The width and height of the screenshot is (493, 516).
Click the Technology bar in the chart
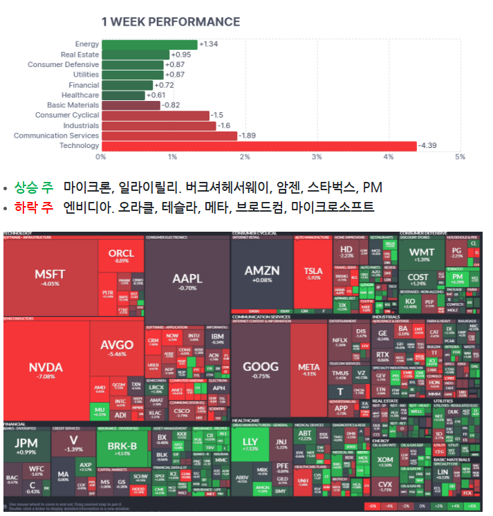[x=259, y=146]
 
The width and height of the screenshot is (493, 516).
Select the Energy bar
[x=149, y=44]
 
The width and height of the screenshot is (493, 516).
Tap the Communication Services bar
[x=169, y=136]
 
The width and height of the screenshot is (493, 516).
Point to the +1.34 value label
[x=209, y=44]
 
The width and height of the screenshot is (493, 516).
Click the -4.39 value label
[x=429, y=146]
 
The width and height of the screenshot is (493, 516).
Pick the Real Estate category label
[x=80, y=55]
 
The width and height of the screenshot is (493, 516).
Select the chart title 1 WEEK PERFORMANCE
[x=170, y=21]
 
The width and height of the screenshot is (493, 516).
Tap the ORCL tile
[x=121, y=255]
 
